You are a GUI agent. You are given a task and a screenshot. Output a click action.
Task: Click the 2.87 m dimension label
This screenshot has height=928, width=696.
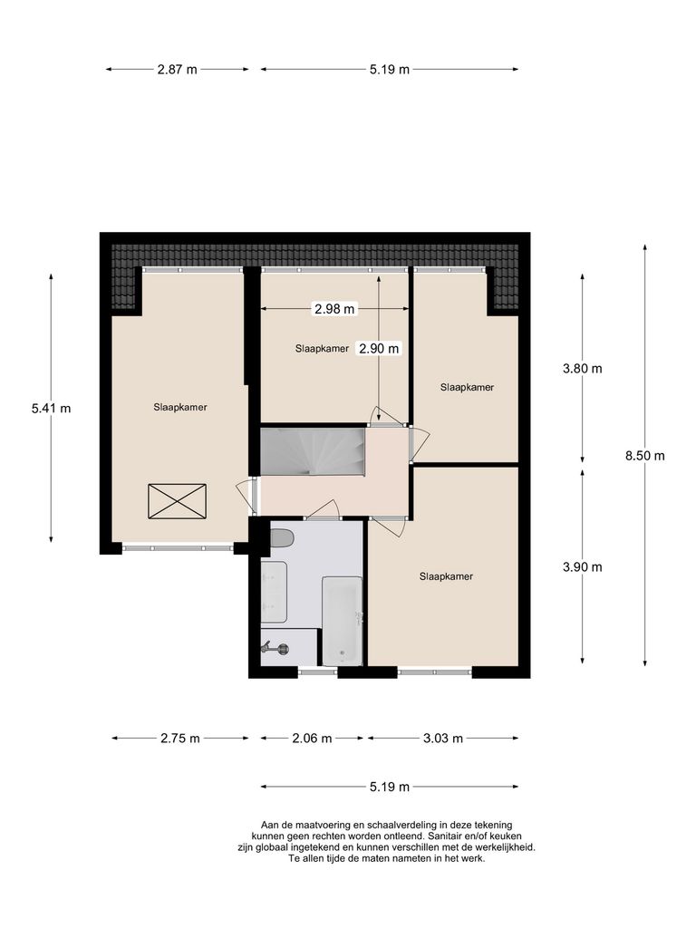[178, 70]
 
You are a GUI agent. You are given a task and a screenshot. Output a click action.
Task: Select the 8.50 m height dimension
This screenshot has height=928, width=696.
[644, 456]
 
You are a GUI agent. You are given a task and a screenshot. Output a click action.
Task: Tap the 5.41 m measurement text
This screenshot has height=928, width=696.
[51, 409]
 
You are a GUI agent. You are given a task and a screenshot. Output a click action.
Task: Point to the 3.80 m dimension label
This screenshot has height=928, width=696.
[582, 368]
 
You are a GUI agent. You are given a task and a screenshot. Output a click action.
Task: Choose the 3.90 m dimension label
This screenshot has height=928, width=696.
[582, 567]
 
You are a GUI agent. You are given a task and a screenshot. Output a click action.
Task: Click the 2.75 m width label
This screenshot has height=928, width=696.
[179, 739]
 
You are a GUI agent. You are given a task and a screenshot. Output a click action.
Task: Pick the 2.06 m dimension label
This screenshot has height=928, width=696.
[313, 739]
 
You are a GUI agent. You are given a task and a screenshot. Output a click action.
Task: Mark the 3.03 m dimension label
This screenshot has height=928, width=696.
[443, 739]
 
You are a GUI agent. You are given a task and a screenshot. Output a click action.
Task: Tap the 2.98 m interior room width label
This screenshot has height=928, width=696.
[333, 309]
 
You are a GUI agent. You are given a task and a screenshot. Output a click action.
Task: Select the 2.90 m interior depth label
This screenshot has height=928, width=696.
[379, 348]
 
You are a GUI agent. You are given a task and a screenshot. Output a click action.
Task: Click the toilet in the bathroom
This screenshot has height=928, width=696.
[282, 538]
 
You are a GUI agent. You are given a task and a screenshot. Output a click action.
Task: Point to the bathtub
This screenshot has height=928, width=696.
[343, 621]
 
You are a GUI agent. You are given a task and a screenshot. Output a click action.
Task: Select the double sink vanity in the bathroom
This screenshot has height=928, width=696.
[273, 592]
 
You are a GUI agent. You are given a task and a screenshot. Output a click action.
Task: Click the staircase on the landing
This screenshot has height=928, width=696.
[312, 450]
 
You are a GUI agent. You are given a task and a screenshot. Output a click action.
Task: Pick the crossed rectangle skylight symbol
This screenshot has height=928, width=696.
[177, 501]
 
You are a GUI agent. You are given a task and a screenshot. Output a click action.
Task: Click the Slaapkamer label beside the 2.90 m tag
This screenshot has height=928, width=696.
[322, 348]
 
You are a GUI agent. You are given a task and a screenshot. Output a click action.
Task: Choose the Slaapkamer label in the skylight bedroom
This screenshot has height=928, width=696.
[179, 408]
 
